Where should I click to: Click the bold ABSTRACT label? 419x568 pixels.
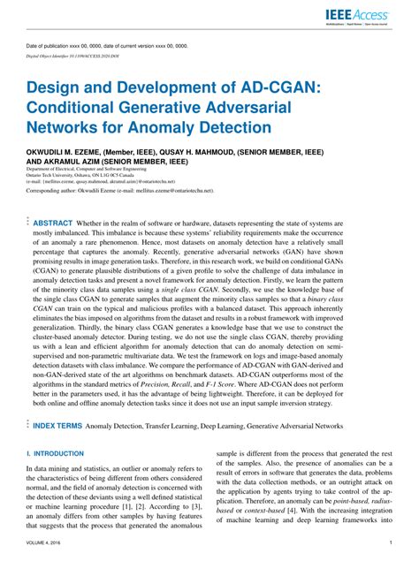point(53,223)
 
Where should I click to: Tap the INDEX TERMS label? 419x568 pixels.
point(57,426)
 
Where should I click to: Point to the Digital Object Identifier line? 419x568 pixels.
point(86,55)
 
